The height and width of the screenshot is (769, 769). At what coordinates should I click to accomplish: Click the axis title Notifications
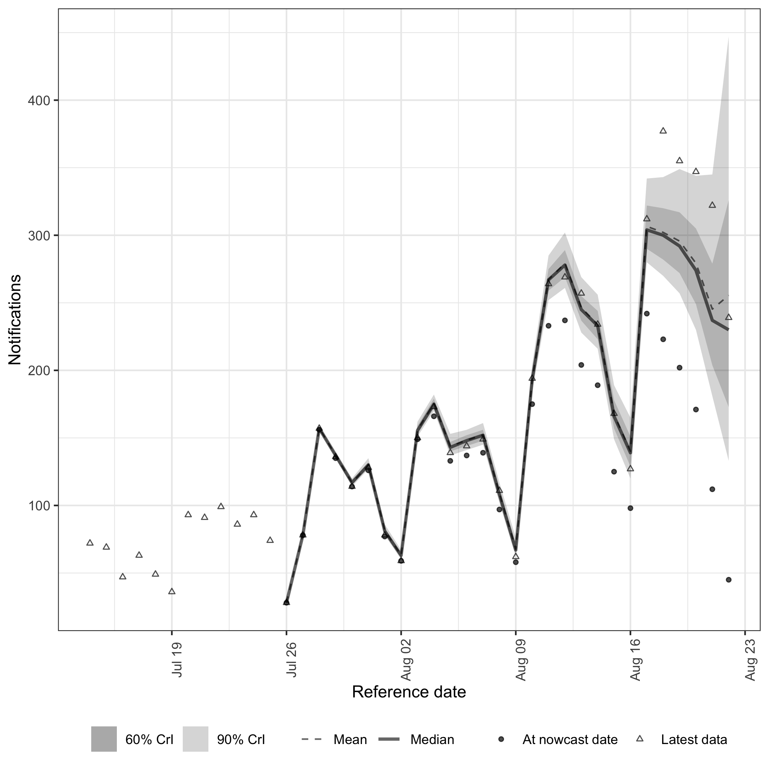[x=15, y=320]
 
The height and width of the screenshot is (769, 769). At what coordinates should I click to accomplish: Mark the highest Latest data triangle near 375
[x=663, y=130]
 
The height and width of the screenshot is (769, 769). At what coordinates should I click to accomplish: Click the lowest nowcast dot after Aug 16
[x=728, y=580]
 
